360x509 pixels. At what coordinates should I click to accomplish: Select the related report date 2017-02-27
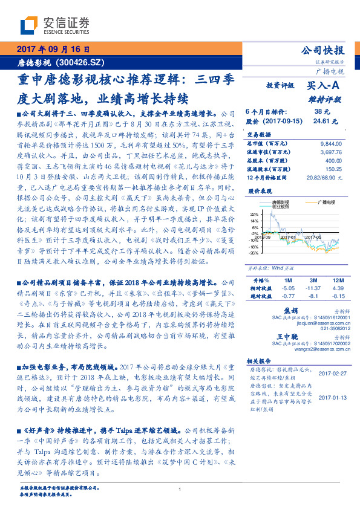pos(331,374)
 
